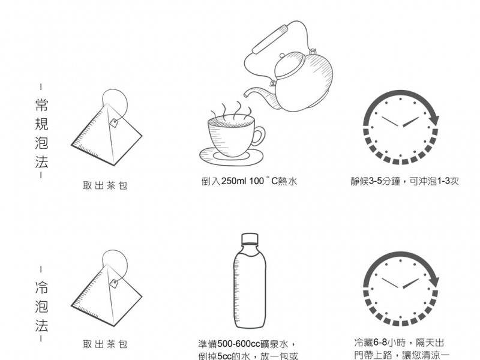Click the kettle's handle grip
(x=271, y=40)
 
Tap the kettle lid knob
(x=282, y=56)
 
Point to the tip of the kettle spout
(x=245, y=95)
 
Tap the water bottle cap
(x=250, y=238)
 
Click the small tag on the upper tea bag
(x=114, y=123)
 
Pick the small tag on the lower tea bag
(x=114, y=283)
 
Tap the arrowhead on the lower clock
(x=434, y=280)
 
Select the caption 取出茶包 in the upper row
(x=105, y=185)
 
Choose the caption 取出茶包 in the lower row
(x=105, y=344)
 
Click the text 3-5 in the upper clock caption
(x=375, y=181)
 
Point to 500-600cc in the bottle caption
(x=234, y=344)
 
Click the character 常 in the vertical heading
(x=41, y=104)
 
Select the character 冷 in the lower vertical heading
(x=41, y=287)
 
